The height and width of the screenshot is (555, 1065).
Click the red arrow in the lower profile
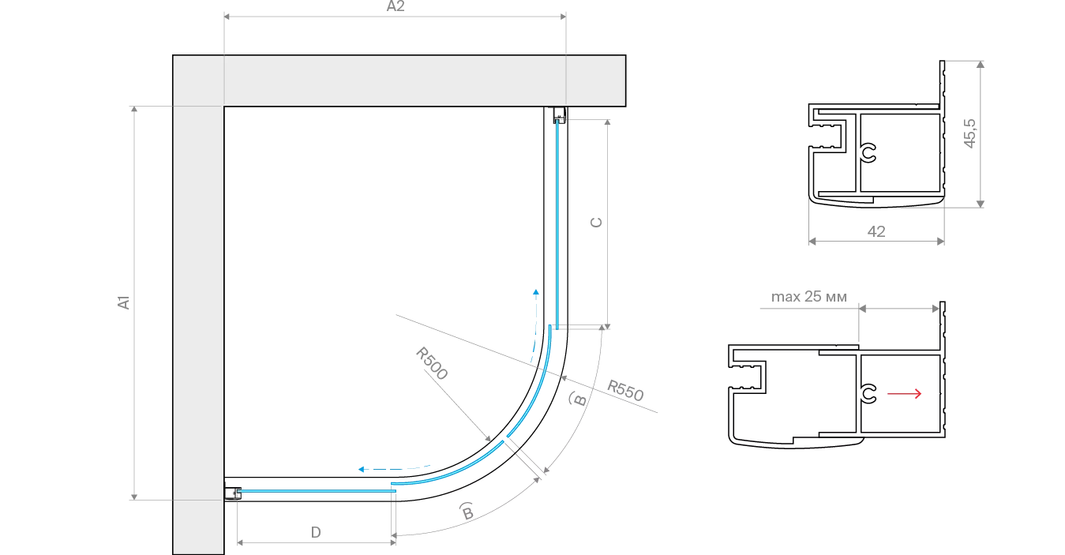[903, 394]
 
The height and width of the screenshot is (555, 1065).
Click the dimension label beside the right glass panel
[598, 222]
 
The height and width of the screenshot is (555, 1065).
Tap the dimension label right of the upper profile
[970, 130]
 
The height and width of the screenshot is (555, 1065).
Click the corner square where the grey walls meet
[198, 80]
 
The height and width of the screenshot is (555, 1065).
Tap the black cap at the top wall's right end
[628, 79]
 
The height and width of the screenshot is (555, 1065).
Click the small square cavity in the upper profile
[834, 174]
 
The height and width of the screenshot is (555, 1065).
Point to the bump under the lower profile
[792, 446]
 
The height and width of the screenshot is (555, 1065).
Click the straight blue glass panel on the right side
[559, 221]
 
